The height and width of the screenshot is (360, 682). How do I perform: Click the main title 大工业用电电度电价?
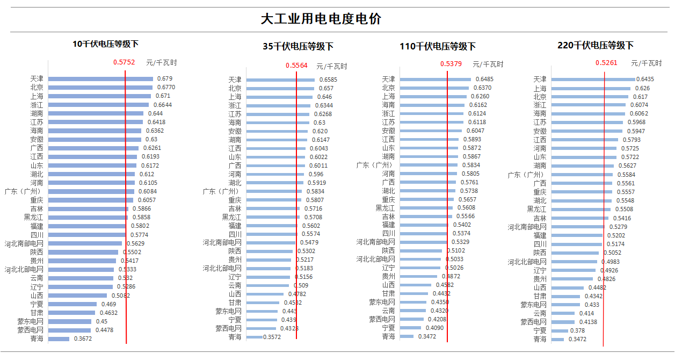(x=321, y=19)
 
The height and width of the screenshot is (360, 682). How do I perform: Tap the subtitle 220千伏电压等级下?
(x=596, y=46)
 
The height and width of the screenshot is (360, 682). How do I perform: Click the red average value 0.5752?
(x=124, y=62)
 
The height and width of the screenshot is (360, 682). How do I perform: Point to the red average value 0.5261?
(x=606, y=63)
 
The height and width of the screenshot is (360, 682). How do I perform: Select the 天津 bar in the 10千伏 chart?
(x=100, y=79)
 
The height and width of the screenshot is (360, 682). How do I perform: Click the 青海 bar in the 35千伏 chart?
(x=255, y=337)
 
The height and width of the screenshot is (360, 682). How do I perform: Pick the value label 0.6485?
(x=484, y=79)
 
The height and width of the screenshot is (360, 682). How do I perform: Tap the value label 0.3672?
(x=84, y=339)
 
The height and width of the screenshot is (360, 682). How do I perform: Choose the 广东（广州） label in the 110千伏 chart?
(x=376, y=165)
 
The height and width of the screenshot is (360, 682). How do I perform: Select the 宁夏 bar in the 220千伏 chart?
(x=560, y=330)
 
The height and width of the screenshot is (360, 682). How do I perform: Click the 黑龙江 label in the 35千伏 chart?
(x=232, y=217)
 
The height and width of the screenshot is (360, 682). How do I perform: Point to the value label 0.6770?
(x=166, y=87)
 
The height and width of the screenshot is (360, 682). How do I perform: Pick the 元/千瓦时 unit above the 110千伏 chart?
(x=488, y=64)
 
